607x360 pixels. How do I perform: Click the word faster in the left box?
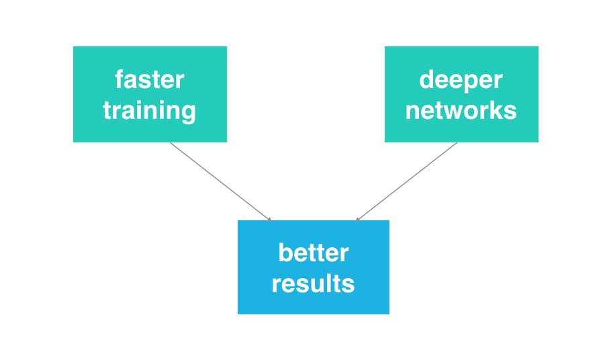[149, 80]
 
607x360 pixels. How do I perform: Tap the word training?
[149, 110]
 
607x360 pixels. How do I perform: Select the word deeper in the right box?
[461, 80]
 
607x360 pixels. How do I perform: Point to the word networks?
[461, 110]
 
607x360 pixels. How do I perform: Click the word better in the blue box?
[313, 253]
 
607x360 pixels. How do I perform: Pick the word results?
[313, 283]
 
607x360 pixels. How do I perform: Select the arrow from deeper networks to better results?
[407, 181]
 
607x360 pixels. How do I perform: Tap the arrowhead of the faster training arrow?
[269, 219]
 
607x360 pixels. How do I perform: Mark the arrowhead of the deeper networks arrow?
[358, 219]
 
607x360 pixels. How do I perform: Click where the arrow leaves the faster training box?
[171, 143]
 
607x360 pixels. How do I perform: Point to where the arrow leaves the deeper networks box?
[457, 143]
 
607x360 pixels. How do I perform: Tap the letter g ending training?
[189, 112]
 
